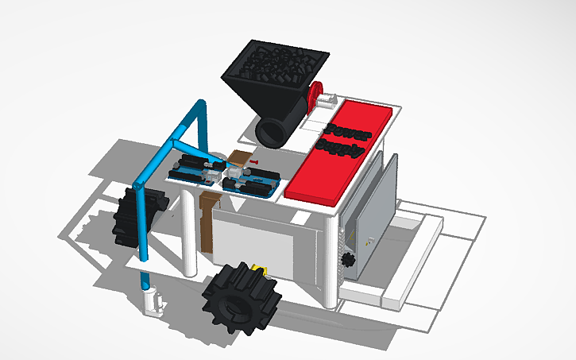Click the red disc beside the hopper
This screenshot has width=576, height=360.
[315, 95]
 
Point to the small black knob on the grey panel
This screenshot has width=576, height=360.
[346, 259]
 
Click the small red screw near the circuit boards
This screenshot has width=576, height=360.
[253, 161]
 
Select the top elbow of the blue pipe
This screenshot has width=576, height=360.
[199, 106]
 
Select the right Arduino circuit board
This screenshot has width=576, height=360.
[253, 182]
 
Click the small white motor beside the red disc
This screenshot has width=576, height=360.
[327, 101]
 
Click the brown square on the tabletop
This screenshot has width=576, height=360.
[239, 158]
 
